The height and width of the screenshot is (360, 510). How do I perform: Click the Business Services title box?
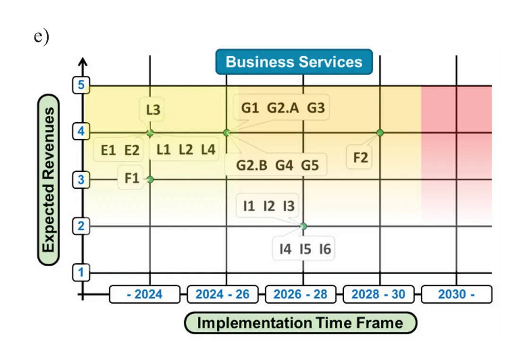click(294, 62)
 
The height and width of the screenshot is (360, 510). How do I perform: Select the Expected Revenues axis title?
click(48, 179)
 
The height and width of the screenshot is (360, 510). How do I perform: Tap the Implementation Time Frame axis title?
click(300, 323)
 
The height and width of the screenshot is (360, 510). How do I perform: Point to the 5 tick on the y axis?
click(81, 85)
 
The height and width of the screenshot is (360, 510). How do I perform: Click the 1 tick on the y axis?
click(81, 272)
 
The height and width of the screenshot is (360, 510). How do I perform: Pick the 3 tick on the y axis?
click(81, 179)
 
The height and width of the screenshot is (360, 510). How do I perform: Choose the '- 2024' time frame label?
click(145, 294)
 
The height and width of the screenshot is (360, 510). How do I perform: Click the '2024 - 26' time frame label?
click(222, 294)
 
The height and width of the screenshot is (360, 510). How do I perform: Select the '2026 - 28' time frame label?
click(300, 294)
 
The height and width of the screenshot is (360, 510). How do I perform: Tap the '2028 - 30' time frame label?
click(378, 294)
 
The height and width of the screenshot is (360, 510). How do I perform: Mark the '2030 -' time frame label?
click(456, 294)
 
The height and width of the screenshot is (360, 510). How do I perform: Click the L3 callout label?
click(153, 110)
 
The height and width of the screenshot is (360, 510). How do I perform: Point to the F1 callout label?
click(132, 178)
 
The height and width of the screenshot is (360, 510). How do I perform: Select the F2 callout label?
click(360, 158)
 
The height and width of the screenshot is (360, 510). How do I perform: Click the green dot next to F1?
click(150, 179)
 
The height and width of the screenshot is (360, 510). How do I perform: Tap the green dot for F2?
click(380, 133)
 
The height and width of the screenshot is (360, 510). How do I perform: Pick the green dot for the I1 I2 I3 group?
click(303, 226)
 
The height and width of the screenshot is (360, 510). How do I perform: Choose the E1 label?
click(109, 150)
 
